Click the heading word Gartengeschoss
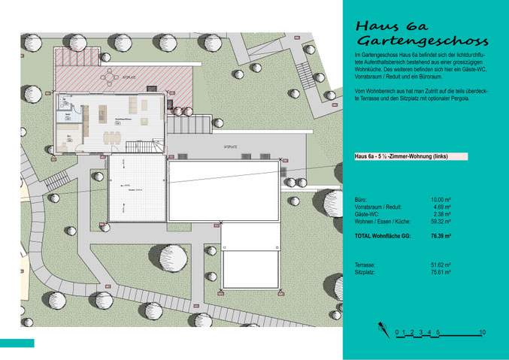(x=422, y=41)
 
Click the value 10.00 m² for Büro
(x=441, y=199)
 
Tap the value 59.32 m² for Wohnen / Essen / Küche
(x=440, y=222)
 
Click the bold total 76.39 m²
(x=440, y=236)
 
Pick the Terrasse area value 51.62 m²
(x=440, y=265)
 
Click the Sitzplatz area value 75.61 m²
(x=440, y=273)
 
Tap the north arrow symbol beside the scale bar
(x=383, y=330)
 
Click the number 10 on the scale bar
(x=482, y=331)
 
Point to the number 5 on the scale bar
(x=438, y=331)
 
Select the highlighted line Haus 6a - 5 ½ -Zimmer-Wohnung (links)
(x=411, y=156)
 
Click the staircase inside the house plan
(x=135, y=144)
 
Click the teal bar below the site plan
(x=17, y=343)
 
